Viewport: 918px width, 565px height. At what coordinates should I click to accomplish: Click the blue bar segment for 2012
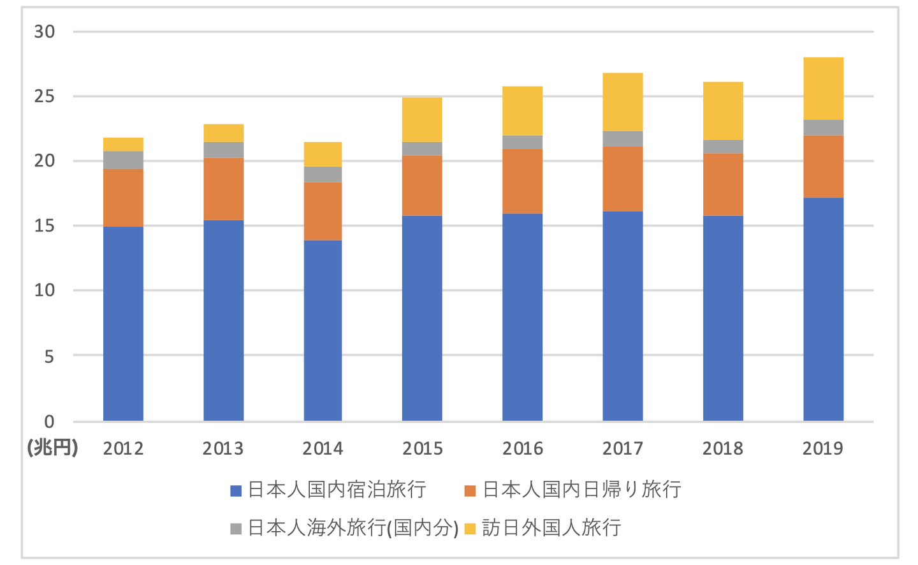[123, 323]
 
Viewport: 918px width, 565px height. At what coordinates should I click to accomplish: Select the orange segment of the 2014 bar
[323, 211]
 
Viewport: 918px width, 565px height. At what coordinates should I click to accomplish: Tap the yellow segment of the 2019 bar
[823, 88]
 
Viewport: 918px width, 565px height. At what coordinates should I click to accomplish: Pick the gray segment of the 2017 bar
[622, 139]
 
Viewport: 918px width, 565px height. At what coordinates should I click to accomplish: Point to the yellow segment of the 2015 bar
[422, 119]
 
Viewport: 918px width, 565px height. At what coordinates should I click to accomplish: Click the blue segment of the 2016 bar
[522, 317]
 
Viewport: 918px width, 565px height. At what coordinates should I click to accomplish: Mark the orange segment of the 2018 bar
[723, 184]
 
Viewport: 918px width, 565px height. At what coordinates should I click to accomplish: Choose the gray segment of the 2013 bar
[223, 150]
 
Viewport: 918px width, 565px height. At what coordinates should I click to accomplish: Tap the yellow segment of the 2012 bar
[123, 144]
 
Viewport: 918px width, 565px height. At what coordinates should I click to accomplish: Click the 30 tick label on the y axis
[45, 31]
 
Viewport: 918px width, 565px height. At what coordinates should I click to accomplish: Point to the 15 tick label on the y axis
[45, 226]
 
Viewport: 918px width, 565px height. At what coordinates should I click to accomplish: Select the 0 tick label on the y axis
[49, 422]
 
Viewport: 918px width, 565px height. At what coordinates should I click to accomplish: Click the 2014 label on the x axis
[323, 448]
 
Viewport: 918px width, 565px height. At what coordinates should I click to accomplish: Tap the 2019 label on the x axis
[822, 448]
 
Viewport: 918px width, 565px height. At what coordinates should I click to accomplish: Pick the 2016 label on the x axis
[522, 448]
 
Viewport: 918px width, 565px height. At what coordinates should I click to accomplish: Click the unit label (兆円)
[52, 448]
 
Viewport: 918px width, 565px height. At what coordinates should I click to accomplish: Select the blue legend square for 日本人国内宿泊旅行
[236, 490]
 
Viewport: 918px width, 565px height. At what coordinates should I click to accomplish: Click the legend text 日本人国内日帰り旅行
[581, 490]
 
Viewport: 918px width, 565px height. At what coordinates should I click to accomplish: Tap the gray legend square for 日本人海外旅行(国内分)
[236, 529]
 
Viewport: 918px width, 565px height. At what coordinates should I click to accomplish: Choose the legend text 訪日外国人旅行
[551, 528]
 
